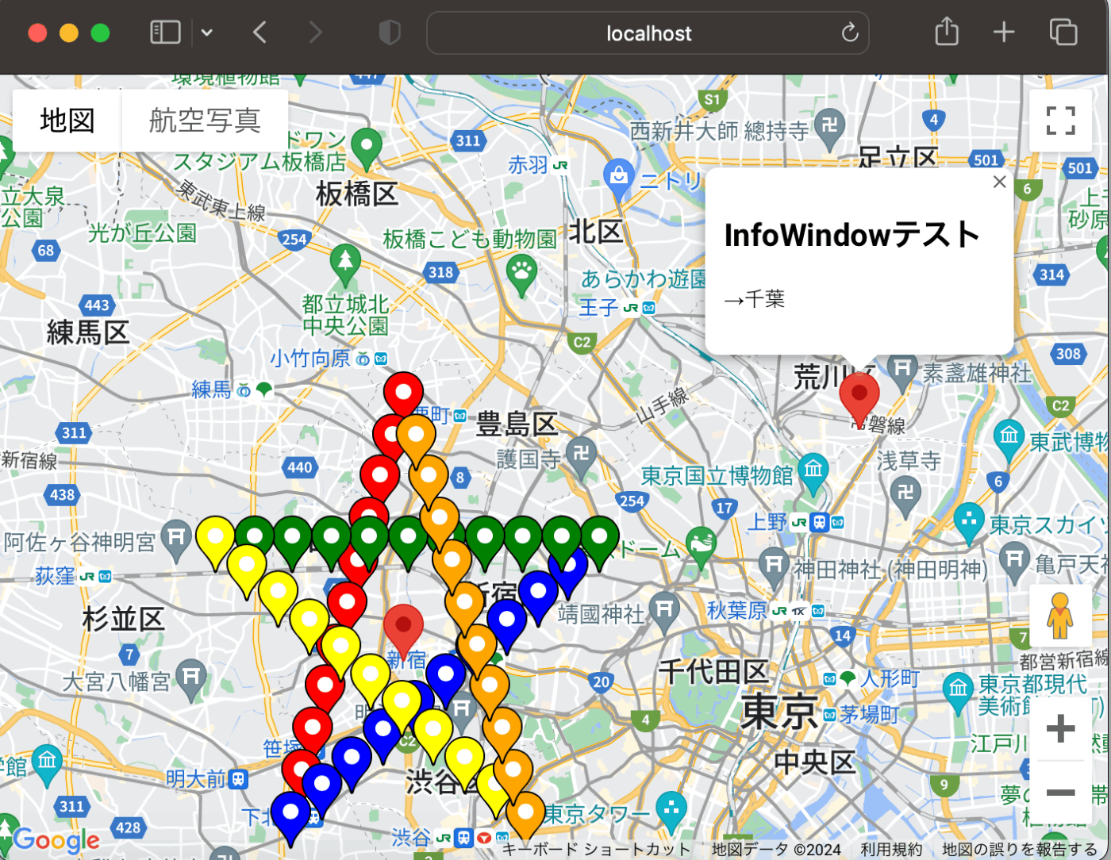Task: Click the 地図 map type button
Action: click(67, 121)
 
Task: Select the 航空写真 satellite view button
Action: click(205, 121)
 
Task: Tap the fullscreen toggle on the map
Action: click(1060, 121)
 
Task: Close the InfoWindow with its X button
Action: click(999, 182)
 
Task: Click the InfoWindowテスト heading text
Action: click(852, 235)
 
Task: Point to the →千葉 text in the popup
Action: click(754, 299)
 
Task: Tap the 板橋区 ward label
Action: click(356, 194)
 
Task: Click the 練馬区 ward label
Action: click(88, 332)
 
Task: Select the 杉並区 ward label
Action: click(123, 619)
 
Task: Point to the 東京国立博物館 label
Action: click(717, 475)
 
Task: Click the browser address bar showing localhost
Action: click(648, 33)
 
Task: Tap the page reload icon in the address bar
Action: click(850, 33)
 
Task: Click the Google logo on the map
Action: click(56, 839)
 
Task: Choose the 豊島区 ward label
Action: click(517, 424)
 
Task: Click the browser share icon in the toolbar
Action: click(947, 33)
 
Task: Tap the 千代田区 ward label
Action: click(713, 672)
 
